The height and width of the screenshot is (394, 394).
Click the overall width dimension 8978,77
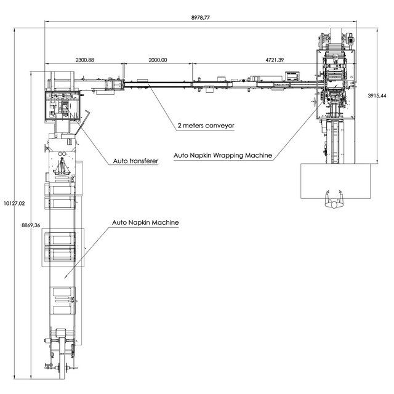(200, 18)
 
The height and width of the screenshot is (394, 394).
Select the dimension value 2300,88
(85, 60)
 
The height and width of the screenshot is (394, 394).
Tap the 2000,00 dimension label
(158, 60)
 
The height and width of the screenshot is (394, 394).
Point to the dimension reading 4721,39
(275, 60)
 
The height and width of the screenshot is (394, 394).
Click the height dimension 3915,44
(377, 96)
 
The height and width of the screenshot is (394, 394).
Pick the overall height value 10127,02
(14, 203)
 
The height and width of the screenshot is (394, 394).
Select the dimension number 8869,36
(31, 225)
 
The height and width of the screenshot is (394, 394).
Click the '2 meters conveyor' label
(206, 126)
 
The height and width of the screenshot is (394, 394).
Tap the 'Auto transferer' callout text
(135, 161)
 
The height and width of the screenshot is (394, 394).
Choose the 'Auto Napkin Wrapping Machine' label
(223, 155)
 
